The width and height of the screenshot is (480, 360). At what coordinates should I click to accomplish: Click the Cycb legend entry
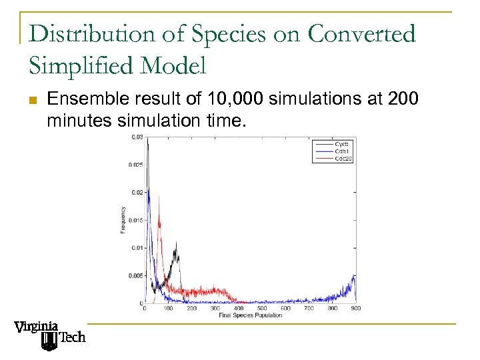pos(341,144)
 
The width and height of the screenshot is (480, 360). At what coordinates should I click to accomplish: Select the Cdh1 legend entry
pos(341,151)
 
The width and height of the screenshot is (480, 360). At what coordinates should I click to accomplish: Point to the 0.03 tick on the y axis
pos(136,137)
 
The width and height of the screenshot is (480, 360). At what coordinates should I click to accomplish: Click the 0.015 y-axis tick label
pos(135,220)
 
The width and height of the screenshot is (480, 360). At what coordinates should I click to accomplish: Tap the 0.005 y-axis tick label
pos(135,275)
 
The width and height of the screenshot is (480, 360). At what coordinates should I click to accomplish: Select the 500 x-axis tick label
pos(261,308)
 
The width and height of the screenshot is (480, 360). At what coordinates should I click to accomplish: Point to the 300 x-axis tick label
pos(215,308)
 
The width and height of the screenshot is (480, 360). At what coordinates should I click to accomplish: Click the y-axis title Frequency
pos(123,220)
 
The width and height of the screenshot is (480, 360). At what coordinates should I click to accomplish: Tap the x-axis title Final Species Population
pos(250,315)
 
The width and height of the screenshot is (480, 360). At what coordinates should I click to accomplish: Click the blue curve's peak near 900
pos(354,275)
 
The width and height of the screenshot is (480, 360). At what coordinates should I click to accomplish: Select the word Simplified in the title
pos(79,65)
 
